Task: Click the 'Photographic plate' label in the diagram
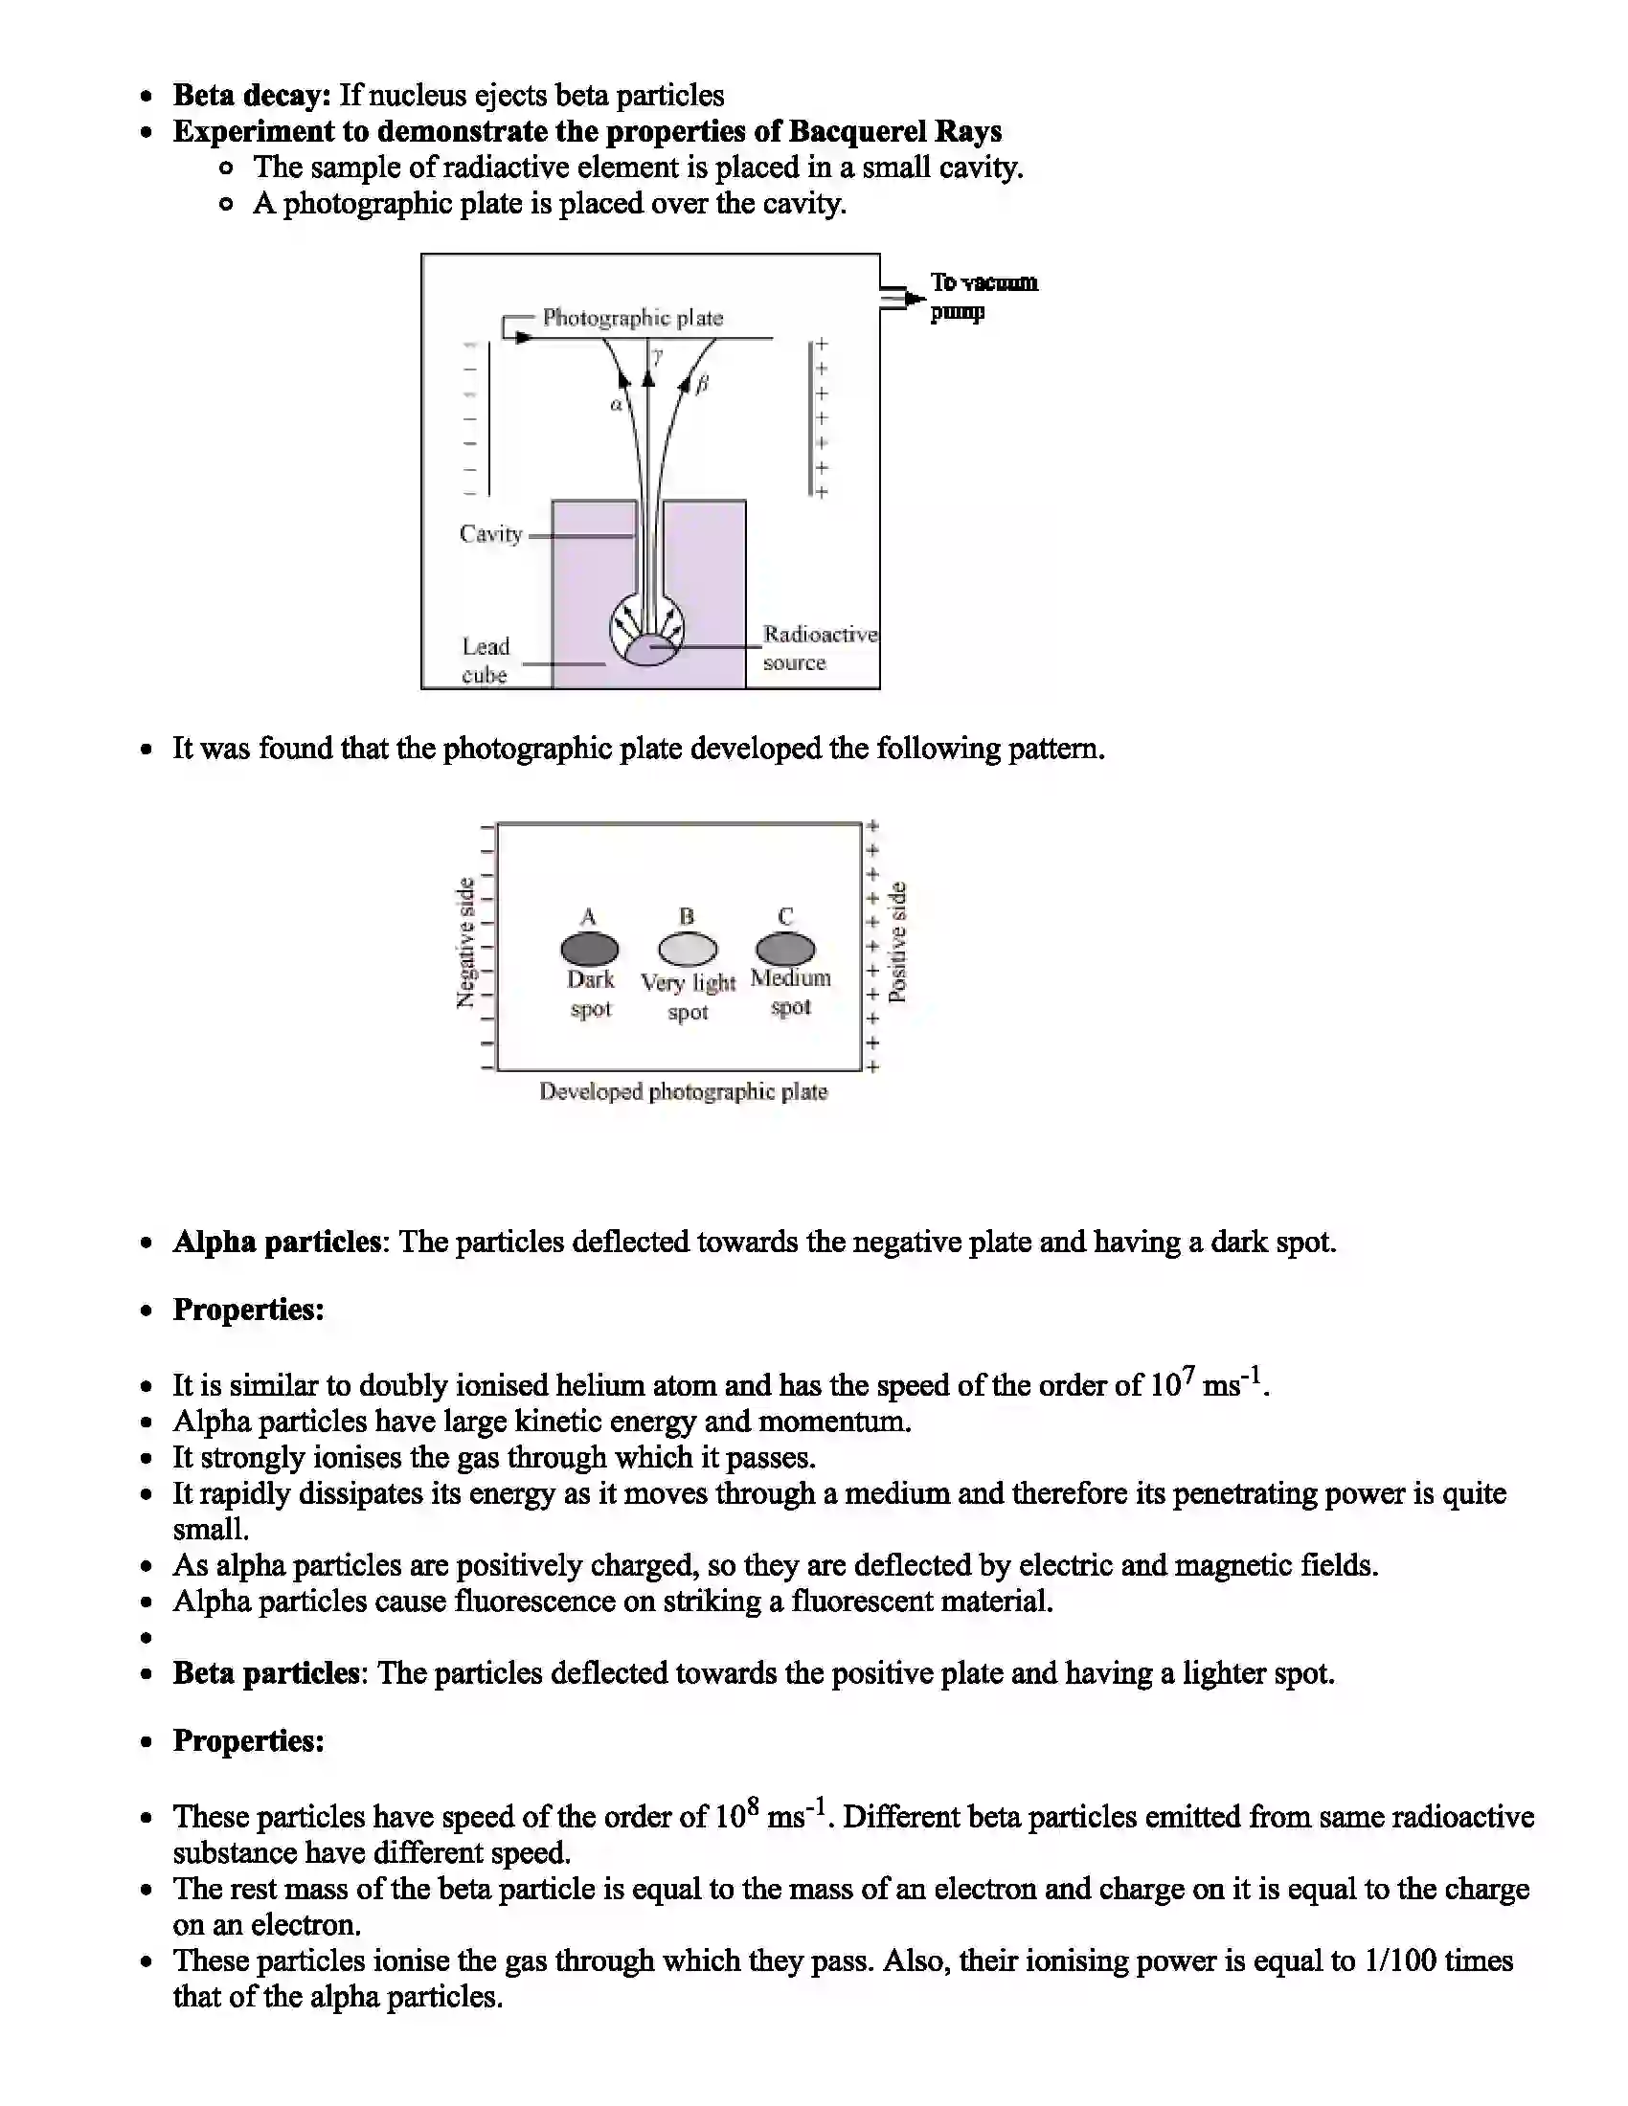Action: [632, 317]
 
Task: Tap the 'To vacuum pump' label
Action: [983, 297]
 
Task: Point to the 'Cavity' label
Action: [490, 534]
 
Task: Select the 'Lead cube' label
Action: [486, 660]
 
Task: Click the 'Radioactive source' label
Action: [819, 648]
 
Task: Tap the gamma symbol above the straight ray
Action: [658, 358]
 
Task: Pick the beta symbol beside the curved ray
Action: [702, 384]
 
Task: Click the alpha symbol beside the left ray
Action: [616, 405]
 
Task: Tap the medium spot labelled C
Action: [785, 949]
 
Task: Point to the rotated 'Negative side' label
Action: [465, 942]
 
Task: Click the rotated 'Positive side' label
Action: [897, 942]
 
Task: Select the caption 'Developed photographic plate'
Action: [683, 1091]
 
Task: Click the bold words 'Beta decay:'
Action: [252, 96]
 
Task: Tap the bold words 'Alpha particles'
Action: [277, 1241]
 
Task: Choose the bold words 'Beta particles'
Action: [266, 1672]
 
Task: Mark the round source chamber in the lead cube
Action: [647, 632]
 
